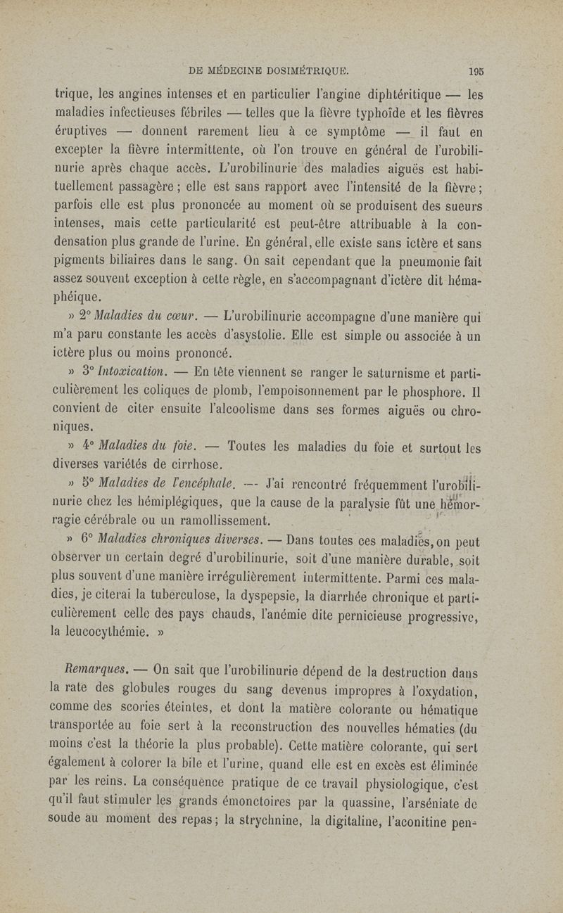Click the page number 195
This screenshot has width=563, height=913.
coord(474,70)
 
